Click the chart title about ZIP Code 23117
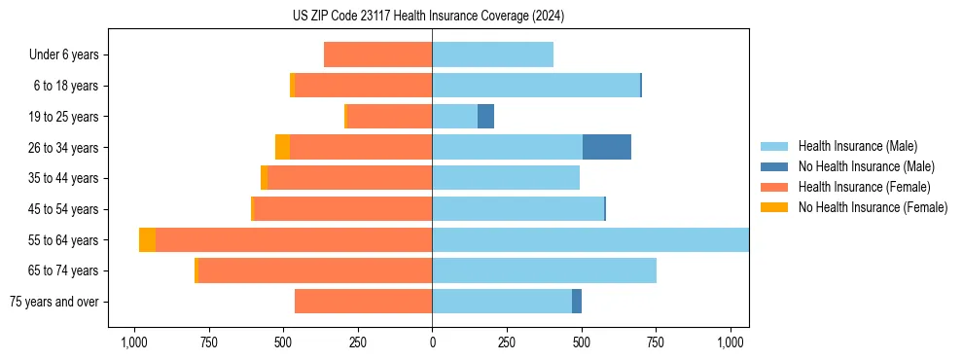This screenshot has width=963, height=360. pyautogui.click(x=428, y=17)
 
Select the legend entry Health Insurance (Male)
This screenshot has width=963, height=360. pyautogui.click(x=856, y=146)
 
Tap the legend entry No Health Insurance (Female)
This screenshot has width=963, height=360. pyautogui.click(x=873, y=207)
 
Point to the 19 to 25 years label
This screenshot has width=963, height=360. pyautogui.click(x=65, y=117)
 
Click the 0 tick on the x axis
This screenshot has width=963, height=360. pyautogui.click(x=432, y=342)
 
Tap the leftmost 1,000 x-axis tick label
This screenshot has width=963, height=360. pyautogui.click(x=133, y=342)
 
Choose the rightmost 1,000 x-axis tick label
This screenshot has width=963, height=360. pyautogui.click(x=731, y=342)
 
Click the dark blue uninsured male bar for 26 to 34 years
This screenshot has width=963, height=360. pyautogui.click(x=607, y=147)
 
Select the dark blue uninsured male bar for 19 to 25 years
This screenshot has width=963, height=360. pyautogui.click(x=485, y=117)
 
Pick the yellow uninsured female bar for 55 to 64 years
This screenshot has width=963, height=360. pyautogui.click(x=147, y=240)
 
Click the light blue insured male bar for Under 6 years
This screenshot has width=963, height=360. pyautogui.click(x=492, y=55)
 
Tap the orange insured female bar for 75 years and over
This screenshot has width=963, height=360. pyautogui.click(x=363, y=302)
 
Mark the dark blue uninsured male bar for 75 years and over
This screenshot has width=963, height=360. pyautogui.click(x=577, y=302)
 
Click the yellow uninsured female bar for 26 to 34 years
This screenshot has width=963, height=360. pyautogui.click(x=282, y=147)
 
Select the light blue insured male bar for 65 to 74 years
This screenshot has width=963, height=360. pyautogui.click(x=544, y=270)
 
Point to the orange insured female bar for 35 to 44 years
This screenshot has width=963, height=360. pyautogui.click(x=349, y=178)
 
